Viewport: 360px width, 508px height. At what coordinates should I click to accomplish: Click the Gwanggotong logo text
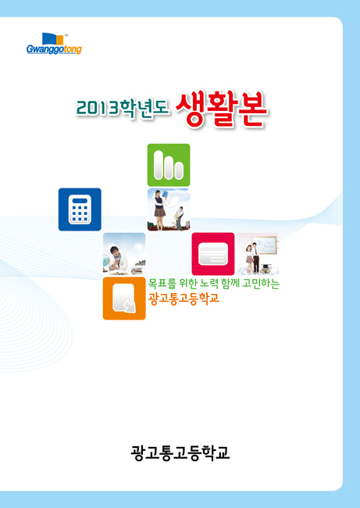click(54, 49)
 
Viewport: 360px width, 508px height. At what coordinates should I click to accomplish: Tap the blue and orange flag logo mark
click(53, 38)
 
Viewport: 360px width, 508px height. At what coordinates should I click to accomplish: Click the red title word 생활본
click(222, 109)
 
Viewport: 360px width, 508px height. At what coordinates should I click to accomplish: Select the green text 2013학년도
click(122, 108)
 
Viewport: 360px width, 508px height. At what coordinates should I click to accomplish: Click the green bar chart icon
click(169, 165)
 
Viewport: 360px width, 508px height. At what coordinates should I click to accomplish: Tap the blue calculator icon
click(80, 209)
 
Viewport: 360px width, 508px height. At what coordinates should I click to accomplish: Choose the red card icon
click(213, 254)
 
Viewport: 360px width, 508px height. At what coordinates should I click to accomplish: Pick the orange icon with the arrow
click(124, 299)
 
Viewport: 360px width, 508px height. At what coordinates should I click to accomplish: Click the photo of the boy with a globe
click(124, 254)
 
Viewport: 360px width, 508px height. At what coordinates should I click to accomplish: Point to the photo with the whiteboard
click(258, 254)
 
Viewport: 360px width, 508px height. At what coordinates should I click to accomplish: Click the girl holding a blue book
click(160, 209)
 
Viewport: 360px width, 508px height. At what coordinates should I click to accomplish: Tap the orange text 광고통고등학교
click(184, 298)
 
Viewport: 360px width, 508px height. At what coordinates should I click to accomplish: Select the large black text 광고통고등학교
click(180, 453)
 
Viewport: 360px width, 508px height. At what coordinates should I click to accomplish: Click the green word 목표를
click(162, 284)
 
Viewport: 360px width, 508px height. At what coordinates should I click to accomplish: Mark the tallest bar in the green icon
click(159, 165)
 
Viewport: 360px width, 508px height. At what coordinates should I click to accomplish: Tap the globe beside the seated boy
click(106, 259)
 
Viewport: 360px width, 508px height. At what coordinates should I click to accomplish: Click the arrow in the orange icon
click(130, 307)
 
